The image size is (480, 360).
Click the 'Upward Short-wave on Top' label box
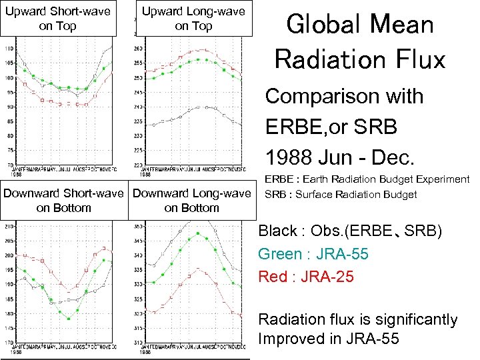click(64, 18)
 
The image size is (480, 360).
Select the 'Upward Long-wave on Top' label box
click(193, 18)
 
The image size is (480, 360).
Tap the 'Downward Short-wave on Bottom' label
click(64, 201)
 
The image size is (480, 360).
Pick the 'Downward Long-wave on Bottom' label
click(193, 201)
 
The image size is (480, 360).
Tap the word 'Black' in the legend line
click(277, 231)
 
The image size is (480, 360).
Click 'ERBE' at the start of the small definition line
click(279, 179)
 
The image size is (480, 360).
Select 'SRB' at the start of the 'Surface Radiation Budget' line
click(275, 195)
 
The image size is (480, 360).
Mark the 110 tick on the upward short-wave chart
click(8, 49)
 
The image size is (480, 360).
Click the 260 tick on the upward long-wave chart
click(138, 49)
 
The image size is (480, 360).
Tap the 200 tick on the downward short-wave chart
click(8, 255)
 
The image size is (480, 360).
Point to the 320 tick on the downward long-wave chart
click(138, 313)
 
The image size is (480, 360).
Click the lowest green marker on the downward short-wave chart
click(69, 319)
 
